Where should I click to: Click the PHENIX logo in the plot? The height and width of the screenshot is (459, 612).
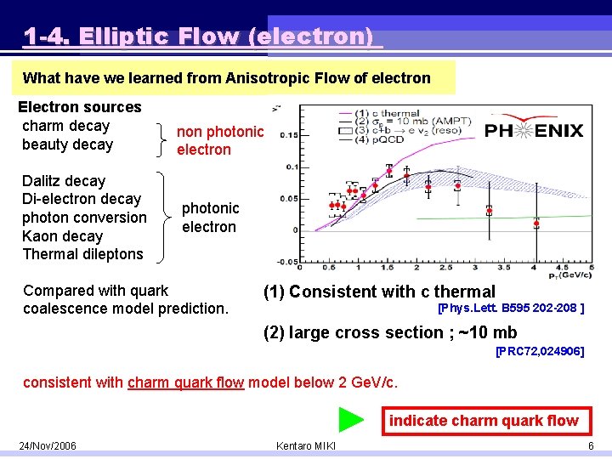(535, 130)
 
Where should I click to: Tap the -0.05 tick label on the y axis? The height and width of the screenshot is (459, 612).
(287, 261)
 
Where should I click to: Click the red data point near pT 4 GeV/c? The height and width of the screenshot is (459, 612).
(536, 224)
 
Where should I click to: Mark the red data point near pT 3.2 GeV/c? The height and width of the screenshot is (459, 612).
(490, 208)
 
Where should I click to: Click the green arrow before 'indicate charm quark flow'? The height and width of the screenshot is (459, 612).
(351, 420)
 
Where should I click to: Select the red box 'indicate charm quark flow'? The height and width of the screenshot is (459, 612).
(484, 421)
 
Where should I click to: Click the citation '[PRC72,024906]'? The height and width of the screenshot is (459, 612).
(540, 350)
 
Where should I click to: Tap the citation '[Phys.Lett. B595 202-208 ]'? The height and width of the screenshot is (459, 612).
(510, 308)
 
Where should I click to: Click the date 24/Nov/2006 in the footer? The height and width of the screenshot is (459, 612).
(48, 446)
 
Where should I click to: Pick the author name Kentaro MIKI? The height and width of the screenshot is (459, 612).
(306, 446)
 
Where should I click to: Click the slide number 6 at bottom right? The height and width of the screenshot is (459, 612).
(590, 446)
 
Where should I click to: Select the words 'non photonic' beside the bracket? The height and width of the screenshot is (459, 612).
(220, 132)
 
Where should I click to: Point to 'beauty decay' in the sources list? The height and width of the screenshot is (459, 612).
(67, 144)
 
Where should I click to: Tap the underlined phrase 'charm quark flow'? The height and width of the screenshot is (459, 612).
(185, 382)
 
